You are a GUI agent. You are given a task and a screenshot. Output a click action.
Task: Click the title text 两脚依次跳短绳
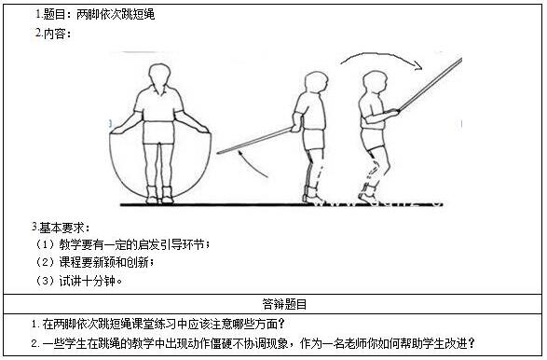[116, 15]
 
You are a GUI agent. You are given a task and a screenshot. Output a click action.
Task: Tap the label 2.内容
[53, 34]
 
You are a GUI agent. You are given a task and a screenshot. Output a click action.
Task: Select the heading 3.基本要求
[61, 228]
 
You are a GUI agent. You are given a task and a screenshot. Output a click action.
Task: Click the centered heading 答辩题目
[284, 304]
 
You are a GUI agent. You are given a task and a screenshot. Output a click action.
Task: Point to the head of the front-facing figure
[159, 77]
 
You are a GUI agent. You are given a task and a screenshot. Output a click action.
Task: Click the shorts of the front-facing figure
[158, 132]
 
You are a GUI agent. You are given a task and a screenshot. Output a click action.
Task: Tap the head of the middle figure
[316, 83]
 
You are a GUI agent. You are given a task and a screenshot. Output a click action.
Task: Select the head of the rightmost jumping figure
[375, 82]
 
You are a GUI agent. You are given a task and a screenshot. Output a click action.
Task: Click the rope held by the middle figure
[254, 141]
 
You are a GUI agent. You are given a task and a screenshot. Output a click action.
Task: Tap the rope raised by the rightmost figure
[430, 84]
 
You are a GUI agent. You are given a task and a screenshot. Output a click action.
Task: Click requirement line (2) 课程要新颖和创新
[94, 262]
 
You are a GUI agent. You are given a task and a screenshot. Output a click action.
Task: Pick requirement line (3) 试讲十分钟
[79, 281]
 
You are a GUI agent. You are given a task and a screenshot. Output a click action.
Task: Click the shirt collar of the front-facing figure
[159, 90]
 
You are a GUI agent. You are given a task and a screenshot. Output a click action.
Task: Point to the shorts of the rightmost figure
[374, 139]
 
